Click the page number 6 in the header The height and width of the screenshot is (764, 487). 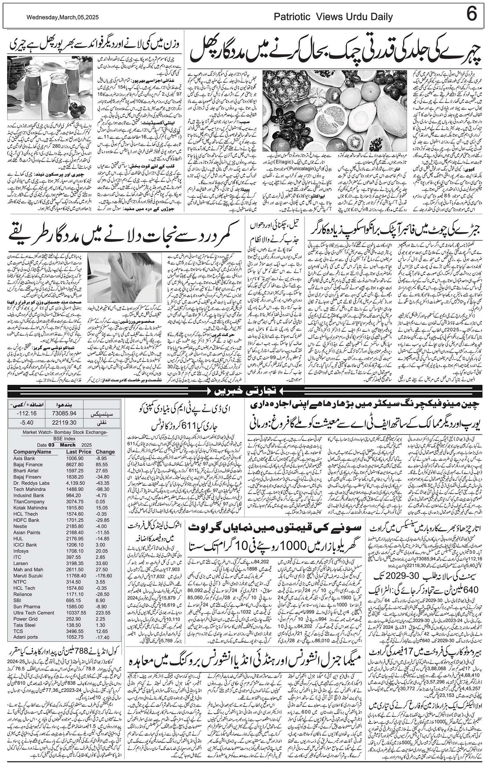(x=472, y=15)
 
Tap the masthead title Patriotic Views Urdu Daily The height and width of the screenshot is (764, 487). (x=333, y=17)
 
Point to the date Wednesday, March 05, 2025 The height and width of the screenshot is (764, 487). (x=62, y=17)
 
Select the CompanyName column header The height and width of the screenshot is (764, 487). (x=32, y=452)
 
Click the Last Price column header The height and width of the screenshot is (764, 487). (x=79, y=452)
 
